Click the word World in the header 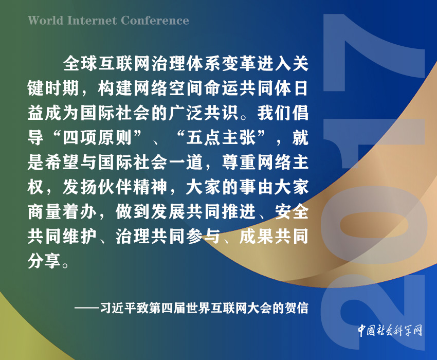click(x=46, y=21)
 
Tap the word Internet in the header click(x=92, y=21)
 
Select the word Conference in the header click(x=155, y=21)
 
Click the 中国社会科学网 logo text click(x=390, y=331)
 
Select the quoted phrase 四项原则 click(x=97, y=137)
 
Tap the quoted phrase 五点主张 click(x=221, y=137)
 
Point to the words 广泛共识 click(x=204, y=113)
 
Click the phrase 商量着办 click(x=62, y=212)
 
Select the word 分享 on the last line click(x=44, y=261)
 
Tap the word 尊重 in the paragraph click(x=239, y=163)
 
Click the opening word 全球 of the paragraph click(x=80, y=64)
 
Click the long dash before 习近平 click(x=87, y=309)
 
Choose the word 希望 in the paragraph click(x=62, y=163)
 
